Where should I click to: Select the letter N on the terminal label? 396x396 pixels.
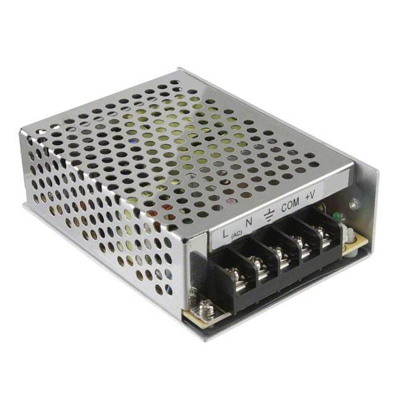pos(249,222)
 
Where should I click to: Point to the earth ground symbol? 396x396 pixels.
pos(269,215)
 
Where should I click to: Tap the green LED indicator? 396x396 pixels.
pos(338,216)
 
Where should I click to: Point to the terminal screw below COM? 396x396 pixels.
pos(303,246)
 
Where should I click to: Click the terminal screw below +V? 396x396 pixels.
pos(321,236)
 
